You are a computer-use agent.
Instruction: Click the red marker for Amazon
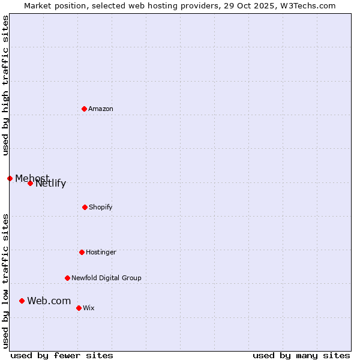click(x=84, y=109)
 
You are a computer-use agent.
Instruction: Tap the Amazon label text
click(x=101, y=109)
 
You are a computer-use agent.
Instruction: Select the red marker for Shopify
click(x=85, y=207)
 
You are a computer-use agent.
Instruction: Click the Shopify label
click(x=101, y=208)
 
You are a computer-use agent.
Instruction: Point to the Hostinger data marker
click(x=82, y=252)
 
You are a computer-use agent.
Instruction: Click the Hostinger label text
click(x=101, y=253)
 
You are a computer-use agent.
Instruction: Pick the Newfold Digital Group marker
click(x=67, y=278)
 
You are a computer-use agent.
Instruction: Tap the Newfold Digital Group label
click(x=106, y=278)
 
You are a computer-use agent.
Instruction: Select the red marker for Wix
click(x=79, y=308)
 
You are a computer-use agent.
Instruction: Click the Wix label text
click(x=89, y=308)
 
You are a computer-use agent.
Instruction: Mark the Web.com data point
click(x=22, y=301)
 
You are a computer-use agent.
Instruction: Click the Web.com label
click(x=49, y=301)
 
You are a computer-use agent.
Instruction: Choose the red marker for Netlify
click(x=30, y=183)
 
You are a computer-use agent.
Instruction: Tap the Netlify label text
click(x=51, y=184)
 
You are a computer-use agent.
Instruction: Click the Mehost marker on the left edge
click(x=10, y=178)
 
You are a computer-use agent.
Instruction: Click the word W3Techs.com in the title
click(x=311, y=5)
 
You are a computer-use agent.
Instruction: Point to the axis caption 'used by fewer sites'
click(x=61, y=355)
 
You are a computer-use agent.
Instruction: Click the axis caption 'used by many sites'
click(x=301, y=355)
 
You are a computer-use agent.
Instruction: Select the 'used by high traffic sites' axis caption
click(x=5, y=85)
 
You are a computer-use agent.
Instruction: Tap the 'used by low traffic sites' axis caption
click(x=5, y=281)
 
